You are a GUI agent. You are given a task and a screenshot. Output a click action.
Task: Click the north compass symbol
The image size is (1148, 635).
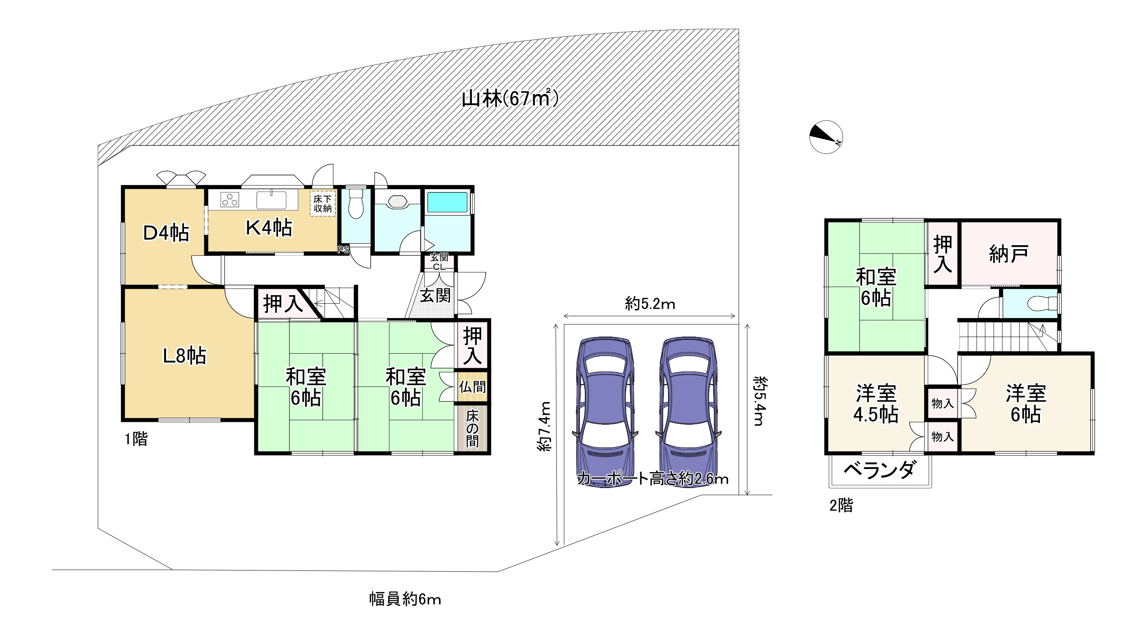pyautogui.click(x=826, y=137)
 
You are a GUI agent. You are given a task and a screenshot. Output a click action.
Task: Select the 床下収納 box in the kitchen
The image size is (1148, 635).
pyautogui.click(x=323, y=204)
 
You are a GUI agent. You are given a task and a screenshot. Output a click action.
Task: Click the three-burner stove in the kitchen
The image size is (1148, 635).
pyautogui.click(x=230, y=200)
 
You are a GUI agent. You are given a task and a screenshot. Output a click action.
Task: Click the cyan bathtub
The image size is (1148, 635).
pyautogui.click(x=448, y=202)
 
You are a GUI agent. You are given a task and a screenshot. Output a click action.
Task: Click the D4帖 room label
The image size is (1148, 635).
pyautogui.click(x=166, y=233)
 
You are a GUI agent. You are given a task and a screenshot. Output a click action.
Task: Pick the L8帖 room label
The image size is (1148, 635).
pyautogui.click(x=184, y=356)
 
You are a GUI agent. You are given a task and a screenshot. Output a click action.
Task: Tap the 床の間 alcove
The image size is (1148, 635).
pyautogui.click(x=472, y=428)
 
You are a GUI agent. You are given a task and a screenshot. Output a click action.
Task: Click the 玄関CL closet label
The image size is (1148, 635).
pyautogui.click(x=439, y=262)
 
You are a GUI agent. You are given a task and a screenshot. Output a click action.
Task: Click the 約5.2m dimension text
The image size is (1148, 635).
pyautogui.click(x=650, y=304)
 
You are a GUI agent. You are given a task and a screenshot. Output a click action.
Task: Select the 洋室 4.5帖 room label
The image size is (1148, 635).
pyautogui.click(x=875, y=404)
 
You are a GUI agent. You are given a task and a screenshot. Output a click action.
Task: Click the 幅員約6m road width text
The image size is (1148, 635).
pyautogui.click(x=404, y=599)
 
